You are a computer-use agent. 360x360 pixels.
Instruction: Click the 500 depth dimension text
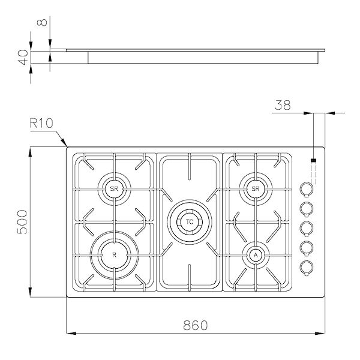pos(22,222)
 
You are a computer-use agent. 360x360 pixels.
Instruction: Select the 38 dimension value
pos(283,105)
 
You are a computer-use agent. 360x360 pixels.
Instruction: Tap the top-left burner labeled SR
pos(114,189)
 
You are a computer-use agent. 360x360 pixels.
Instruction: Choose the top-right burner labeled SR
pos(256,189)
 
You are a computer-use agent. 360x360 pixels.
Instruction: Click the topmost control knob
pos(307,189)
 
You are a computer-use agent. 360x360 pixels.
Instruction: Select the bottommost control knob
pos(307,266)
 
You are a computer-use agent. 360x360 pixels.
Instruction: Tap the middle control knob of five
pos(307,227)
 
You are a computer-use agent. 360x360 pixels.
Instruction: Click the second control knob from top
pos(307,208)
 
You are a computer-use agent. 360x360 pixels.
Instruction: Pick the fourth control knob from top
pos(307,247)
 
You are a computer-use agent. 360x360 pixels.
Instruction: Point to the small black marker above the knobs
pos(313,161)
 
